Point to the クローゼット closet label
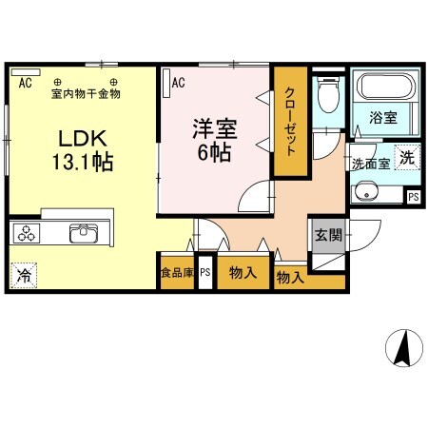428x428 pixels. pyautogui.click(x=290, y=121)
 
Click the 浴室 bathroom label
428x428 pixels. pyautogui.click(x=385, y=119)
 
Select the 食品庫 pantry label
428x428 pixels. pyautogui.click(x=176, y=273)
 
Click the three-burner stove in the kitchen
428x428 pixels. pyautogui.click(x=26, y=234)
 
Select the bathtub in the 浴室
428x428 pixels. pyautogui.click(x=384, y=88)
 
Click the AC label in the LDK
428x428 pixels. pyautogui.click(x=25, y=83)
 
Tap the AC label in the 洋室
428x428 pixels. pyautogui.click(x=179, y=83)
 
